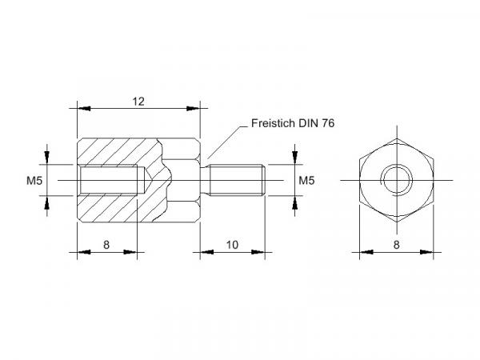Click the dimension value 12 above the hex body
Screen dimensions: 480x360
[x=138, y=102]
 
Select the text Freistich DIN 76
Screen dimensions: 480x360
[x=293, y=123]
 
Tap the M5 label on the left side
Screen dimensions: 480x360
[x=34, y=181]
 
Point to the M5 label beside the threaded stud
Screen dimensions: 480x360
[x=306, y=181]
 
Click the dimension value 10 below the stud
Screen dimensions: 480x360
[x=232, y=245]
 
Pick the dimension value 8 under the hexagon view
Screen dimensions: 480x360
[x=397, y=245]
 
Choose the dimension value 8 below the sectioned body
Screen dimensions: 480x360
[x=106, y=245]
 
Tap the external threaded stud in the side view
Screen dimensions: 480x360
[x=236, y=180]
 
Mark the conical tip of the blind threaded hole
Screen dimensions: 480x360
[x=148, y=180]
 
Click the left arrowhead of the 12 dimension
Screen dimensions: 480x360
[x=84, y=108]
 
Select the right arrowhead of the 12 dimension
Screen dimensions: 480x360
[x=193, y=108]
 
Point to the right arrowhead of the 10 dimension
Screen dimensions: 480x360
[x=258, y=252]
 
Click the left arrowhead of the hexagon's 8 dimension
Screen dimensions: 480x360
[x=366, y=252]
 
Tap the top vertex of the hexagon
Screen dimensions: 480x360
[x=397, y=138]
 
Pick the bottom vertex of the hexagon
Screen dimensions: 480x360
[x=397, y=222]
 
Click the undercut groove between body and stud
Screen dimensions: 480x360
[x=205, y=180]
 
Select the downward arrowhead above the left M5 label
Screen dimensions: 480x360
[x=47, y=158]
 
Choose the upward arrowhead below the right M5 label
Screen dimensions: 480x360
[x=294, y=202]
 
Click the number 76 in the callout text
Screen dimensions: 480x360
[x=328, y=123]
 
